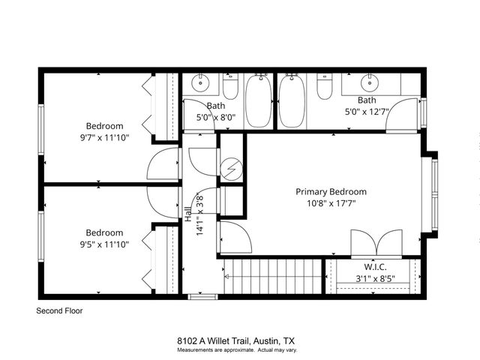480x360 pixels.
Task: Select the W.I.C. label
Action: [x=375, y=266]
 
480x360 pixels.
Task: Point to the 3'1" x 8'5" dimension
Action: [x=375, y=279]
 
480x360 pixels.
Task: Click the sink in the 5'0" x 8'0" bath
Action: [x=200, y=82]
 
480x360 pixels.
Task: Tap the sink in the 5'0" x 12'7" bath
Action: [x=370, y=82]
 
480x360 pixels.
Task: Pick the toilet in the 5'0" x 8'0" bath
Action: [x=231, y=88]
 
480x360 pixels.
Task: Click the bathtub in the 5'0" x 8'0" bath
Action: [x=259, y=101]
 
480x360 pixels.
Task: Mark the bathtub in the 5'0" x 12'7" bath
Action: [x=292, y=101]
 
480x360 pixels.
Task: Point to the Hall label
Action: [x=187, y=213]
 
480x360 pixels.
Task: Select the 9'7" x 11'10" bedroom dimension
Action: [x=104, y=138]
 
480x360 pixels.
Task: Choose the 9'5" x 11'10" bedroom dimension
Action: [x=104, y=244]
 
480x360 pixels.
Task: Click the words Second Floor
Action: [x=59, y=310]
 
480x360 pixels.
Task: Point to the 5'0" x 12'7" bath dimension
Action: [x=367, y=112]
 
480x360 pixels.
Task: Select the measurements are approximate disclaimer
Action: [x=237, y=350]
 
